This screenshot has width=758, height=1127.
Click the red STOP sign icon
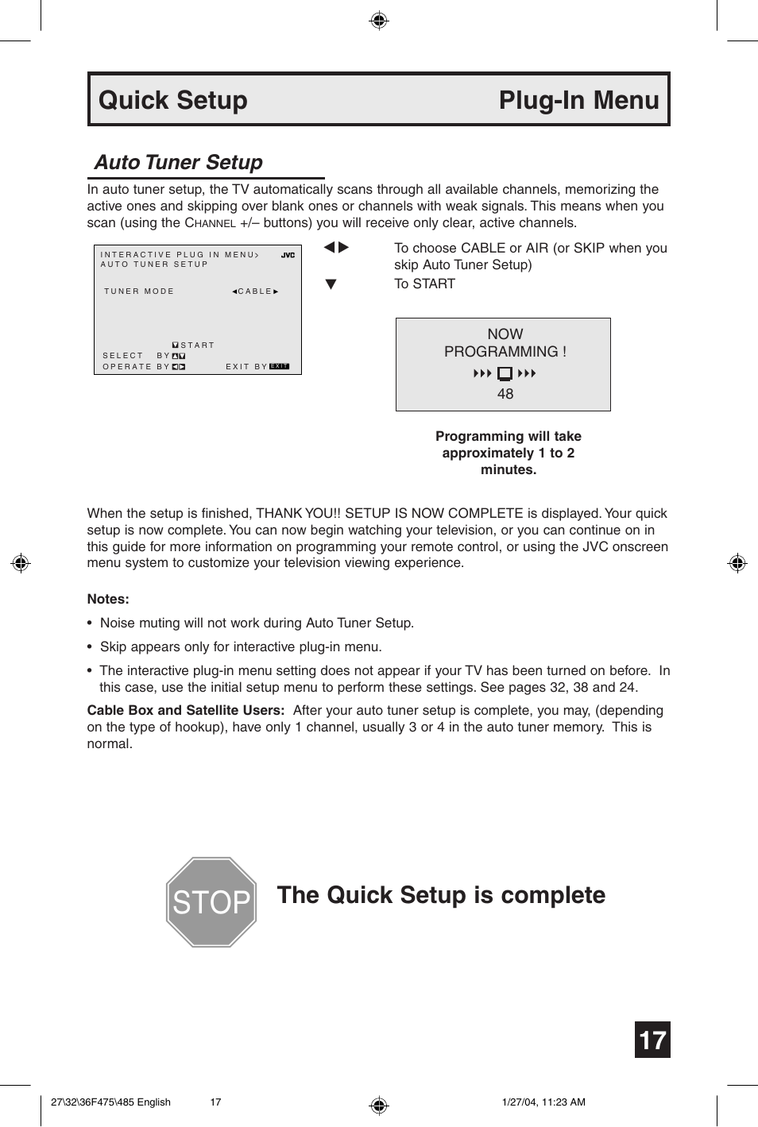click(211, 902)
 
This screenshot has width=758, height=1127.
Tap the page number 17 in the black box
click(652, 1040)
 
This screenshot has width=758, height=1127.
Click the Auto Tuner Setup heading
click(179, 162)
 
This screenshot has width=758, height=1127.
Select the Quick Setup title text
click(173, 100)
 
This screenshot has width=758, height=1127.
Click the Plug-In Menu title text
click(578, 100)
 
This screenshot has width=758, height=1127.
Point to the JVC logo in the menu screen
click(288, 255)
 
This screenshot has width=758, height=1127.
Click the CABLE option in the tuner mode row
click(255, 291)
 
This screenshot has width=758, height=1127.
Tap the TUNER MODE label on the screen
click(139, 291)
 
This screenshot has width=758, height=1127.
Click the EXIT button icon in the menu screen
click(279, 366)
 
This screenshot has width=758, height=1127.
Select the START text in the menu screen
click(197, 345)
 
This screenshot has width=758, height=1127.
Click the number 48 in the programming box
click(505, 394)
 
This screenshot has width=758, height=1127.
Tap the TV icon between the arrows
click(505, 373)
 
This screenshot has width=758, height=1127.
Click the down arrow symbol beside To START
click(331, 284)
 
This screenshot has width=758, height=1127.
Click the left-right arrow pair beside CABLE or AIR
click(336, 248)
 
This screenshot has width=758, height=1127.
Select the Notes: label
click(108, 599)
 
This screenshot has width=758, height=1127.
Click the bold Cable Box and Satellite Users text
click(185, 710)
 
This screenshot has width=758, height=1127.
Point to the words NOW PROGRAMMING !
click(505, 343)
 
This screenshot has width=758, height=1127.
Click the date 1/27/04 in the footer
click(519, 1102)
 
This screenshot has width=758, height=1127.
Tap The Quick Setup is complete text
click(441, 895)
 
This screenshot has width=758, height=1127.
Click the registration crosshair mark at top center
click(379, 21)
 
